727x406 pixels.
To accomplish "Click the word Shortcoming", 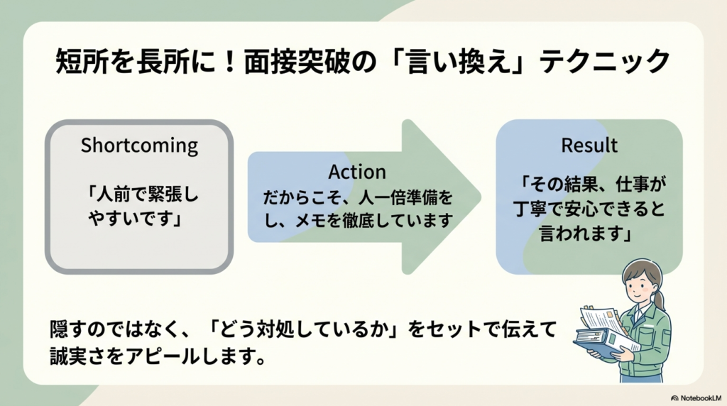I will (x=139, y=146).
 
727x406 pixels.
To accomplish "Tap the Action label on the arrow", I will (x=357, y=172).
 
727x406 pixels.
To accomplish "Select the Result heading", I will (x=589, y=146).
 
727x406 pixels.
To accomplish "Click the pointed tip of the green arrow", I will (x=477, y=197).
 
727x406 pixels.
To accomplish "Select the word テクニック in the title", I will (x=605, y=62).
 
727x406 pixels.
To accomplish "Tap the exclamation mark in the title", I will (x=225, y=62).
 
